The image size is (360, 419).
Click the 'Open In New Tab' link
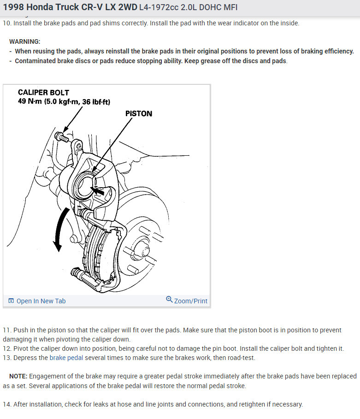pos(41,301)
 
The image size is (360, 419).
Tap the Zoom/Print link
pos(190,301)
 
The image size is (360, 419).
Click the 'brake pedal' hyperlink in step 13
pos(66,358)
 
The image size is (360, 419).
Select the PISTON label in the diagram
pos(139,113)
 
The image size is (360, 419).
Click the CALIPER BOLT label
pos(43,93)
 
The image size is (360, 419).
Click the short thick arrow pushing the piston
pos(97,190)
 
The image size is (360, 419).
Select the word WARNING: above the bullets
pos(24,41)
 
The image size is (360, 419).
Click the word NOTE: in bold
pos(18,376)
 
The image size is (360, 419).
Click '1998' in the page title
pos(13,7)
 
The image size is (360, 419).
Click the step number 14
pos(7,404)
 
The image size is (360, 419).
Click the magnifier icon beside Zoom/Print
pos(169,299)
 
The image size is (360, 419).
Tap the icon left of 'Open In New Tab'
pos(11,301)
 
